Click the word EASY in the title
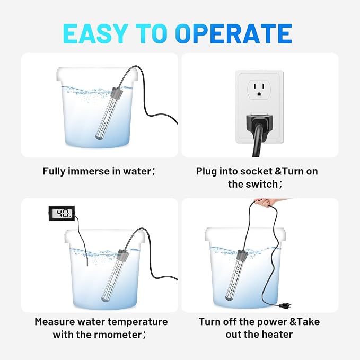(95, 33)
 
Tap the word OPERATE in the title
(233, 33)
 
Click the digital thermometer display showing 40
(62, 213)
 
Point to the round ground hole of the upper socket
(259, 94)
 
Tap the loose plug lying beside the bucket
(285, 305)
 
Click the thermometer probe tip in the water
(87, 262)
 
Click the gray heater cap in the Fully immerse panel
(117, 93)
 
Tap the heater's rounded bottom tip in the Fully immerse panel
(98, 137)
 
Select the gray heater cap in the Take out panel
(242, 255)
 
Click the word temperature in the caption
(138, 322)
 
